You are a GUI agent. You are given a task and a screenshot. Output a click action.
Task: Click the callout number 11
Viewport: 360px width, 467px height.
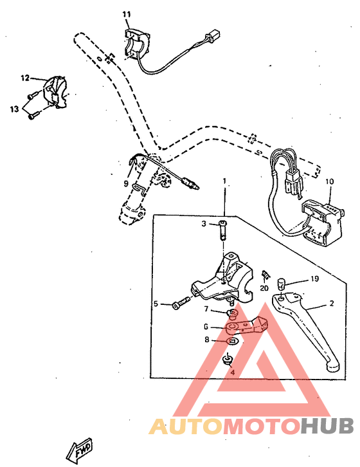coord(126,14)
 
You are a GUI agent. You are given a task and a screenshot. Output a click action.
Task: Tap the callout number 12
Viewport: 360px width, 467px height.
coord(25,78)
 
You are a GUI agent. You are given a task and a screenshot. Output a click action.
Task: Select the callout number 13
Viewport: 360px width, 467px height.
coord(14,109)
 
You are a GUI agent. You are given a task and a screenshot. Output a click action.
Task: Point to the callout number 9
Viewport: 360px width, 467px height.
coord(126,183)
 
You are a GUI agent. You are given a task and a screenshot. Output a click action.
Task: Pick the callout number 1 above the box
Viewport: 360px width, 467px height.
coord(224,182)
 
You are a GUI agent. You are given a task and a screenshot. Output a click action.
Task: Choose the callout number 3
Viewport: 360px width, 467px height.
coord(203,224)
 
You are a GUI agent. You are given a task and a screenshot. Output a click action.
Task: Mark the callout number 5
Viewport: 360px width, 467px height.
coord(156,304)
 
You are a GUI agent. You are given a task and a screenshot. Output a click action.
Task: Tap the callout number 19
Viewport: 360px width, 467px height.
coord(314,279)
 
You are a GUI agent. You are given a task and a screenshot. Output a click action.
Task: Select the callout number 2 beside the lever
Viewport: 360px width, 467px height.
coord(332,304)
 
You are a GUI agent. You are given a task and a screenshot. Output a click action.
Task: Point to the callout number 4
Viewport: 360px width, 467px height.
coord(232,372)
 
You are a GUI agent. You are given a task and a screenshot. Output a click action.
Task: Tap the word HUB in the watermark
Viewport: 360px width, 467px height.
coord(326,426)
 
